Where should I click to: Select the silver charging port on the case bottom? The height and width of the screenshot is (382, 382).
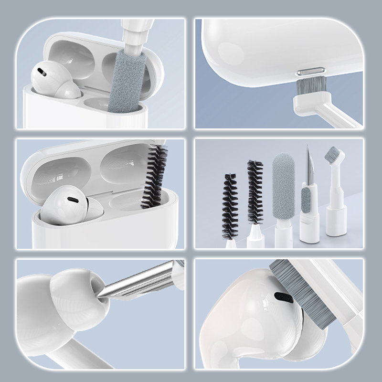click(306, 73)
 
